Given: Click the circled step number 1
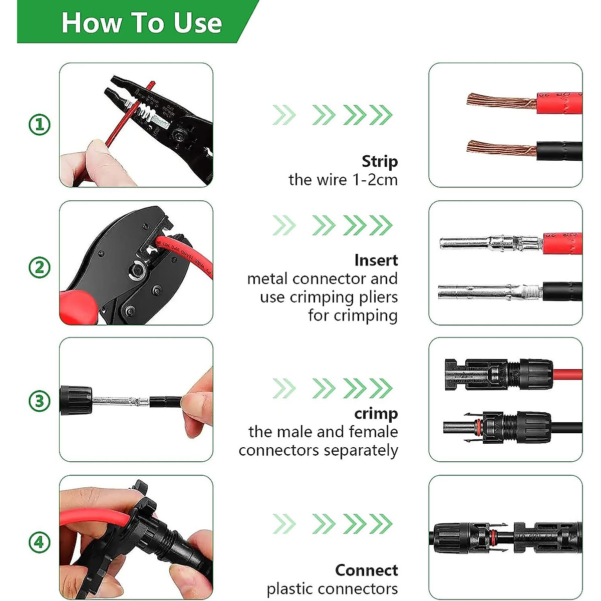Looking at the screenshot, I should point(40,124).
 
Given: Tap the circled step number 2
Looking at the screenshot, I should point(40,267).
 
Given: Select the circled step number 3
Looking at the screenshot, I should point(40,401).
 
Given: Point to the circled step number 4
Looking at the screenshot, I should point(40,542).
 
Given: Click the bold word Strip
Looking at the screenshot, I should point(380,161).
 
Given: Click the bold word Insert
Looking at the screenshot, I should point(376,260).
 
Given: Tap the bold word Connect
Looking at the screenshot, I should point(366,570).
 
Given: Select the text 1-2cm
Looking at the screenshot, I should point(375,180).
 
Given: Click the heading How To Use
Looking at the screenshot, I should point(141,23).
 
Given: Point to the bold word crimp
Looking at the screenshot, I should point(376,414).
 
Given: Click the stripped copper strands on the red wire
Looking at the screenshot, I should point(498,101).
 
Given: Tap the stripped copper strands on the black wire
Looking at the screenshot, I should point(498,149).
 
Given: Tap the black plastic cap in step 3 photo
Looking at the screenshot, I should point(76,400).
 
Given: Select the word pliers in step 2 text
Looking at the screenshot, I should point(376,297).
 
